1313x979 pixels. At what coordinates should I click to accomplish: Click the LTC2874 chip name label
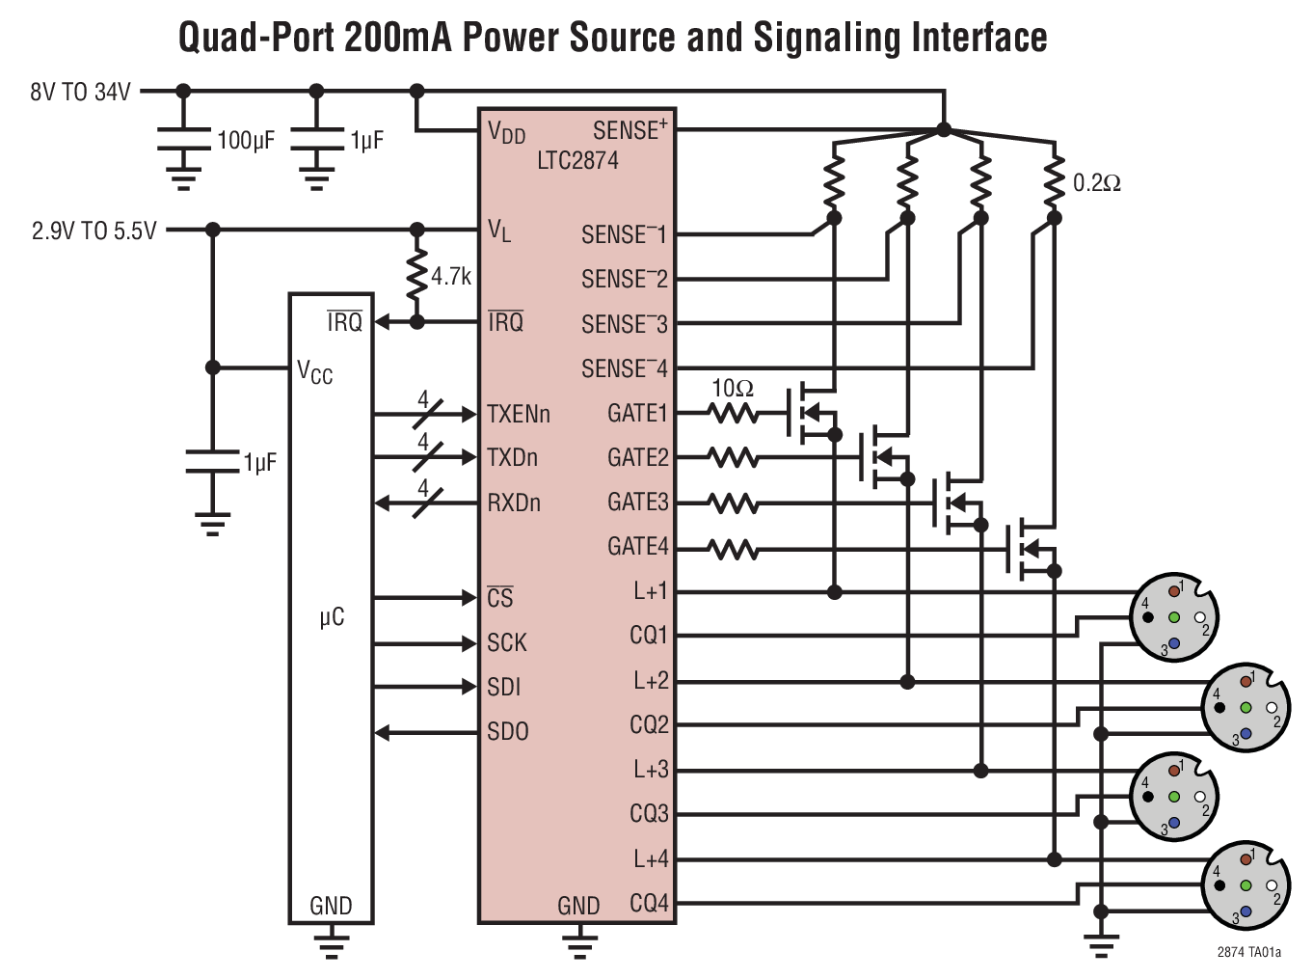pyautogui.click(x=577, y=160)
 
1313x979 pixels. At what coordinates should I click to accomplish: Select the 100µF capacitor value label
pyautogui.click(x=246, y=141)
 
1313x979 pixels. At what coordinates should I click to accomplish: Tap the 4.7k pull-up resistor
pyautogui.click(x=416, y=276)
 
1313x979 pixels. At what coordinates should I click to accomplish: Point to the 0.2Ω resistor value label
pyautogui.click(x=1096, y=183)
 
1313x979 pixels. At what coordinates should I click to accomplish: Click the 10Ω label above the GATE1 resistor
pyautogui.click(x=732, y=389)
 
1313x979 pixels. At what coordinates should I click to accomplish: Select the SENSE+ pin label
pyautogui.click(x=630, y=130)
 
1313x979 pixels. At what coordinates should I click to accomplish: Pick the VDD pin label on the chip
pyautogui.click(x=506, y=132)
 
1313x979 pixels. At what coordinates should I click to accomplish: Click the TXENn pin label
pyautogui.click(x=518, y=415)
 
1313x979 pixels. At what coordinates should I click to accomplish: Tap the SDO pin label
pyautogui.click(x=507, y=732)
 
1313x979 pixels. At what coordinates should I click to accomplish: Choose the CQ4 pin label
pyautogui.click(x=649, y=904)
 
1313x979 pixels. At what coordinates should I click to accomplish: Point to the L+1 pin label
pyautogui.click(x=650, y=591)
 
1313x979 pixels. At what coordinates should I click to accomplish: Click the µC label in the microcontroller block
pyautogui.click(x=332, y=617)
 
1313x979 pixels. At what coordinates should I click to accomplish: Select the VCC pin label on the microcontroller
pyautogui.click(x=314, y=371)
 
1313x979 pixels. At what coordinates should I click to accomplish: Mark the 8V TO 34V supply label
pyautogui.click(x=80, y=93)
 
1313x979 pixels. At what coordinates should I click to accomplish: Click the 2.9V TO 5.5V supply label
pyautogui.click(x=94, y=231)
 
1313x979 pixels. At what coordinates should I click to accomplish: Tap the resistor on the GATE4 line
pyautogui.click(x=733, y=550)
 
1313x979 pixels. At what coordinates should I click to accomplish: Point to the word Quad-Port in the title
pyautogui.click(x=255, y=39)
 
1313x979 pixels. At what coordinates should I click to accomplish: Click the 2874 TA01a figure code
pyautogui.click(x=1248, y=953)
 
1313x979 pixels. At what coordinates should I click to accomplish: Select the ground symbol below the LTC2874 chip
pyautogui.click(x=578, y=942)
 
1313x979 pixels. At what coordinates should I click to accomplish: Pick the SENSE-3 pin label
pyautogui.click(x=624, y=325)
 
